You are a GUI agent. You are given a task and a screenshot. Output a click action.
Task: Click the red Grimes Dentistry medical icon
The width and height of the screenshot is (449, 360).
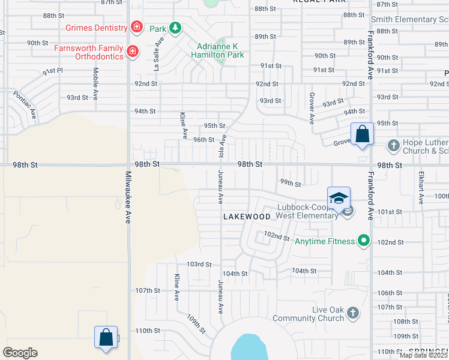click(x=137, y=27)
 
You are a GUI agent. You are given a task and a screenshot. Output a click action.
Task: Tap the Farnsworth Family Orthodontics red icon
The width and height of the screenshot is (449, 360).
click(x=133, y=53)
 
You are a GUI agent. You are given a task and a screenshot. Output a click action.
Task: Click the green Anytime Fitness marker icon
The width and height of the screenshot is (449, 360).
click(x=363, y=241)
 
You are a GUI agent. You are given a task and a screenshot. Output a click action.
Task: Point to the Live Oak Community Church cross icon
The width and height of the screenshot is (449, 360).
click(x=353, y=313)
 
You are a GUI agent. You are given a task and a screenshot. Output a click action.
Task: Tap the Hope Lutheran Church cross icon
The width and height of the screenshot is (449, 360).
click(x=393, y=145)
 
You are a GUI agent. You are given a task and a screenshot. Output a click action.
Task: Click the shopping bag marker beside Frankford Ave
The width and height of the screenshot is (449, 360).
click(x=363, y=134)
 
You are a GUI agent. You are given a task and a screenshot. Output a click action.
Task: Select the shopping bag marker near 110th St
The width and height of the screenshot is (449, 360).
click(x=106, y=337)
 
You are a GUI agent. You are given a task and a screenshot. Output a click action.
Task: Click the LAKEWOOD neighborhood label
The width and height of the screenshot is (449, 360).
click(x=247, y=217)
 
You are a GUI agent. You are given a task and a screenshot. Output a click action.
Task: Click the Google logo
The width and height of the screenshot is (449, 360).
click(x=20, y=353)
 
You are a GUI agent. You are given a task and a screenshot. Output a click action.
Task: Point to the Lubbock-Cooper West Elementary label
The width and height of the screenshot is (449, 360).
click(x=307, y=212)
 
